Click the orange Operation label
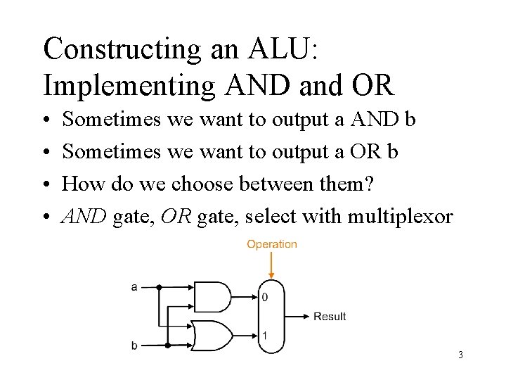(x=271, y=244)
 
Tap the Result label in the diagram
(x=330, y=317)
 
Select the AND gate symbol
(x=212, y=297)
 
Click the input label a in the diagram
(x=134, y=287)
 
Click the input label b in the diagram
(x=134, y=346)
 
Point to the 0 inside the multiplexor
(x=264, y=298)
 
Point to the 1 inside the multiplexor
(x=264, y=335)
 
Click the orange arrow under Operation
(x=271, y=266)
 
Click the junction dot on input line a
(x=159, y=287)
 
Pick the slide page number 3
(x=460, y=355)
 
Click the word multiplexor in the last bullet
(x=410, y=217)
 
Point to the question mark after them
(x=371, y=184)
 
